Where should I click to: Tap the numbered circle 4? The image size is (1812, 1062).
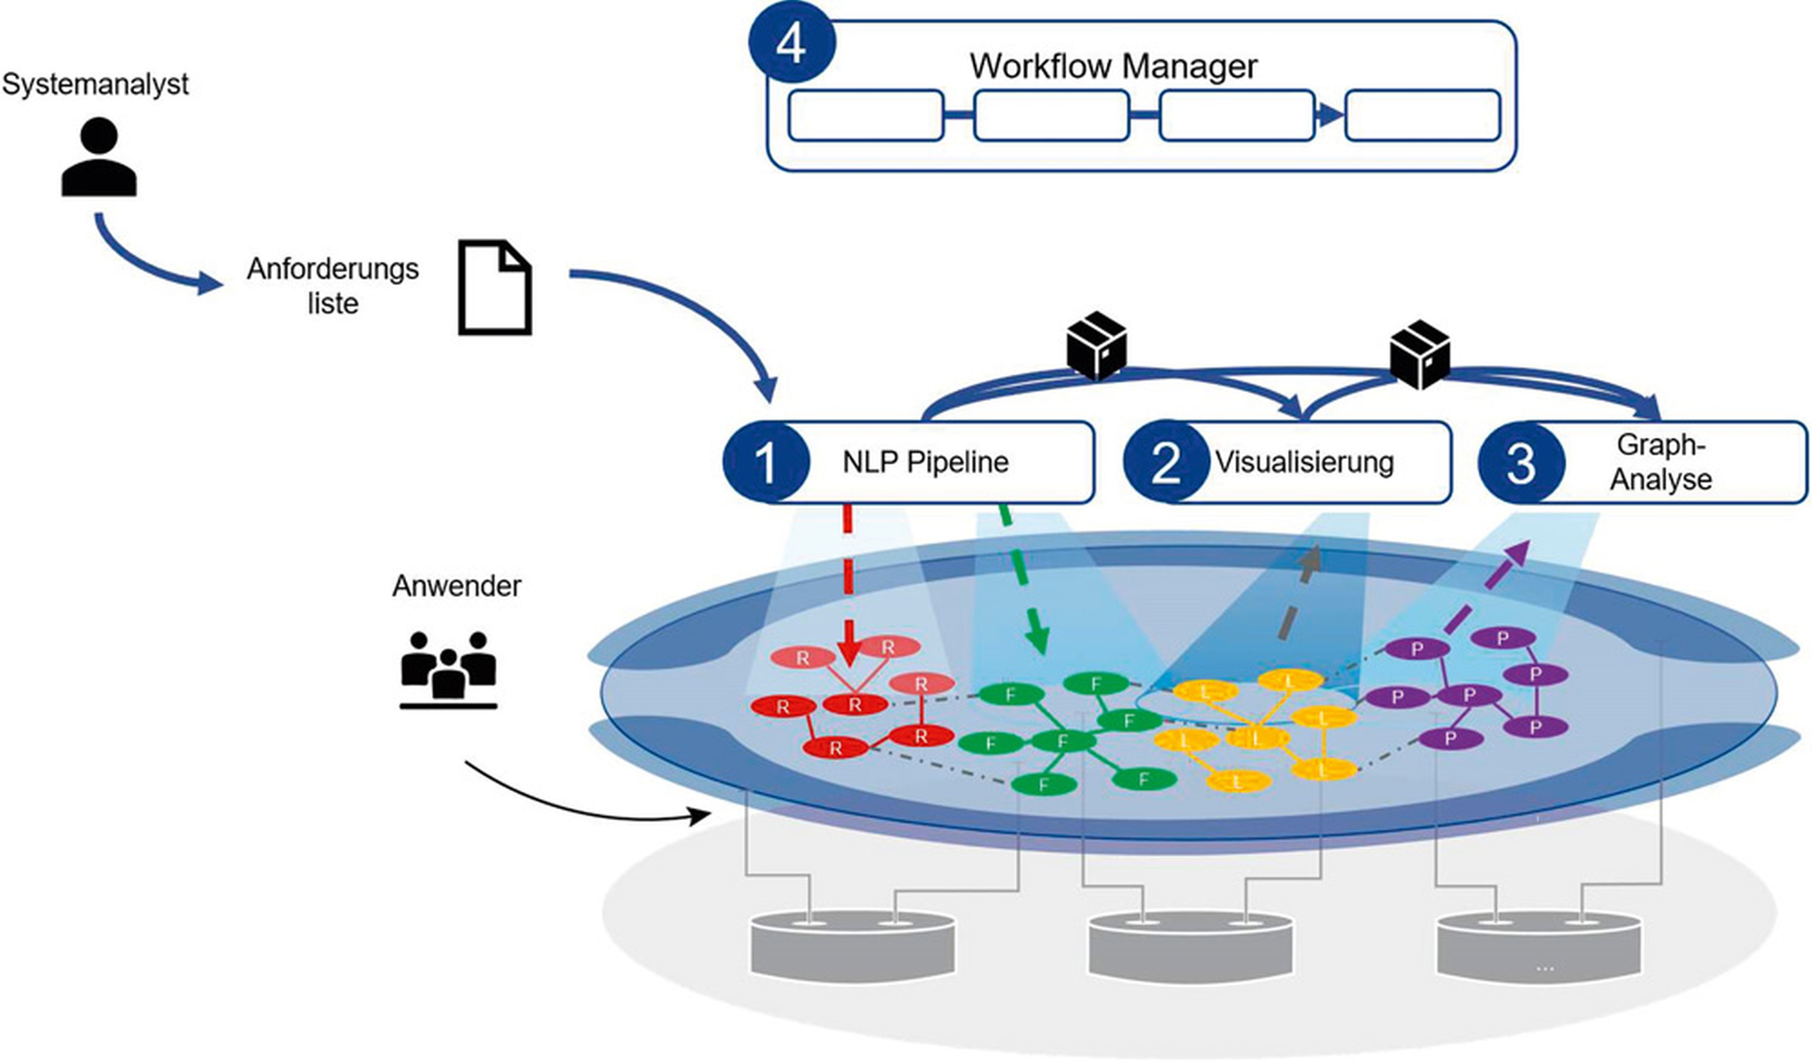[x=791, y=44]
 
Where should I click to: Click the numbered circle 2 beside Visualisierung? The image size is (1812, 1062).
[x=1166, y=463]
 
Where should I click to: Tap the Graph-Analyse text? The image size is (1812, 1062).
[x=1660, y=463]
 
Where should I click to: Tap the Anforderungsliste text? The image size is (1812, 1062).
[x=332, y=286]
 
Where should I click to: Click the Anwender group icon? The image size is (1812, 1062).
[x=448, y=669]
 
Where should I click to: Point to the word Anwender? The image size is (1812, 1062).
[x=456, y=586]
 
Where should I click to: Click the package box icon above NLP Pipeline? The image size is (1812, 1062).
[x=1096, y=345]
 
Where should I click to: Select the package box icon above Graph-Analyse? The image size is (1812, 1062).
[x=1419, y=354]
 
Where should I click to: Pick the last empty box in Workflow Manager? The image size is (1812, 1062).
[x=1422, y=115]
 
